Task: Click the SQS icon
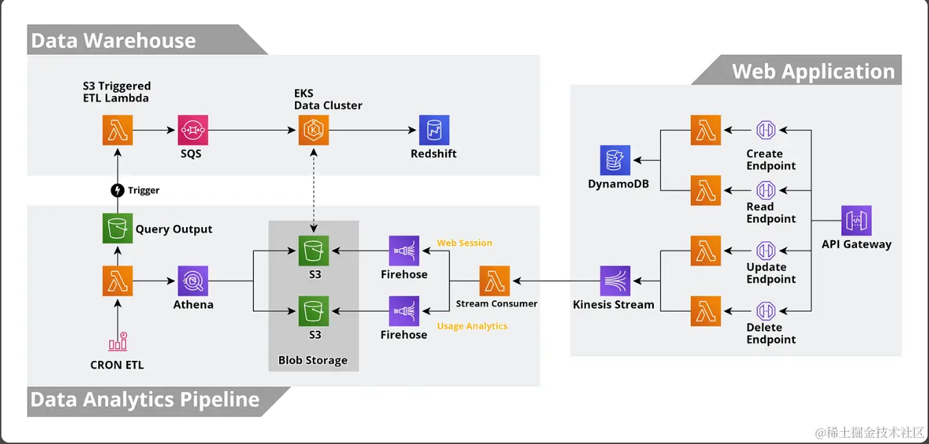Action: point(192,130)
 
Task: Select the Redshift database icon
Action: point(434,130)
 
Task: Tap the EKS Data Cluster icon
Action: point(314,130)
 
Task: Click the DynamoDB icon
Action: point(615,160)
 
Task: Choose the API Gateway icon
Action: point(856,220)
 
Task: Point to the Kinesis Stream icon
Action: point(615,281)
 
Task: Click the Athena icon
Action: point(192,281)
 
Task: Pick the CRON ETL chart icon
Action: point(117,342)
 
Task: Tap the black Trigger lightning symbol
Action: point(117,190)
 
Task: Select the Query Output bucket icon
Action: point(117,229)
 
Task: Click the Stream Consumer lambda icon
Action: point(494,281)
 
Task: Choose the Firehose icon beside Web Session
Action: point(403,250)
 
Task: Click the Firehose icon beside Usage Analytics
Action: point(403,311)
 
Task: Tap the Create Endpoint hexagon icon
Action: point(766,130)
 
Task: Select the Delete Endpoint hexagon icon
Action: point(766,311)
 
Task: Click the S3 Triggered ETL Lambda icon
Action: point(117,130)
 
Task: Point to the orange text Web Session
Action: point(464,243)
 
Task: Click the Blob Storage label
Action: point(313,360)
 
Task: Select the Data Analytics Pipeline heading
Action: point(145,400)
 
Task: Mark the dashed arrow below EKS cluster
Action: point(314,190)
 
